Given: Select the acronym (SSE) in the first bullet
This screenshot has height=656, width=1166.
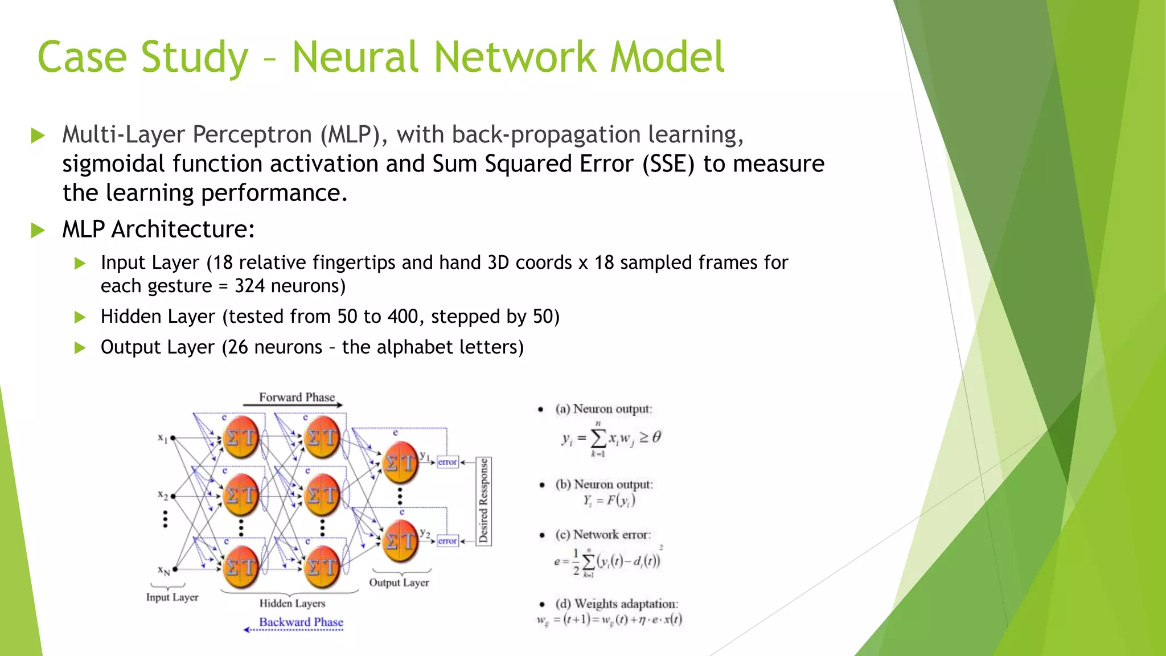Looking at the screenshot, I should coord(668,164).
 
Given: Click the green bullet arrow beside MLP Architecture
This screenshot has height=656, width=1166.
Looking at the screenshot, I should coord(38,230).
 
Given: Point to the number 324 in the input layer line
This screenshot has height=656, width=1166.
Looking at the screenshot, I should coord(249,286).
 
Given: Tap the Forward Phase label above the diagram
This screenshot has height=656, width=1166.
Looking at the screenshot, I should coord(297,397).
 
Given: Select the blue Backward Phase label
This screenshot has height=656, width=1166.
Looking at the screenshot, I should coord(301,622).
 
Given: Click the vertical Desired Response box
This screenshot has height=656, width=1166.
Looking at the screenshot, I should coord(483,501).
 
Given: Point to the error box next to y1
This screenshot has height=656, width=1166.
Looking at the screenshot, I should coord(447,462).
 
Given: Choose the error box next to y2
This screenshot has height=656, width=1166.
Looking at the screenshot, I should coord(447,540).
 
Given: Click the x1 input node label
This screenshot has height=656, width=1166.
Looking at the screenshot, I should coord(163,438).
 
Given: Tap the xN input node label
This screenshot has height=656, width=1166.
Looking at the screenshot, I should coord(164,570).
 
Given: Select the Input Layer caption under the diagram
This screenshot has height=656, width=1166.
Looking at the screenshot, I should coord(172,597).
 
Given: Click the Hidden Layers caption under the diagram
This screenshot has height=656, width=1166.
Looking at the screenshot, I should coord(292,603).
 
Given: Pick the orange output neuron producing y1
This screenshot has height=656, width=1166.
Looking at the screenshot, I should coord(400,462).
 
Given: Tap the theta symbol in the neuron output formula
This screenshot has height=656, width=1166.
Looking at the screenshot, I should coord(656,437).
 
